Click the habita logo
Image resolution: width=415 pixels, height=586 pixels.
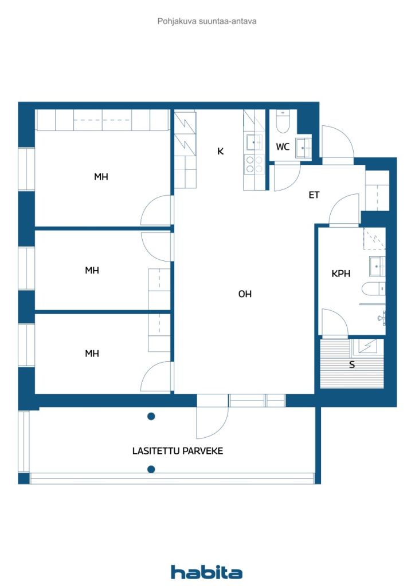[206, 572]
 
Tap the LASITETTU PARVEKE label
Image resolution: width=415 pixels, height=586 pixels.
[177, 451]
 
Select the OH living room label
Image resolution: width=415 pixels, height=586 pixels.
[245, 294]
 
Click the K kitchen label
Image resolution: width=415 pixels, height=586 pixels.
[221, 151]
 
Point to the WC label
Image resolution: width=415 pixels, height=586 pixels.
[283, 147]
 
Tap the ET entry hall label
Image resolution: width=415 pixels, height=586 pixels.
[314, 195]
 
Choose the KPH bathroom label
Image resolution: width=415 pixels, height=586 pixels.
[341, 274]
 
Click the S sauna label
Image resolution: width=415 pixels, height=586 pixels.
[352, 365]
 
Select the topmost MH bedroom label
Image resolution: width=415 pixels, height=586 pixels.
[101, 176]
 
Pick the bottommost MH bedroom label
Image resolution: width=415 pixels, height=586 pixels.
[92, 353]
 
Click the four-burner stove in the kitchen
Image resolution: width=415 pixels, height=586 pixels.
[254, 165]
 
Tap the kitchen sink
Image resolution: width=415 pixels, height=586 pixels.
[255, 142]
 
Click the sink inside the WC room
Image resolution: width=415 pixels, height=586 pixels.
[303, 148]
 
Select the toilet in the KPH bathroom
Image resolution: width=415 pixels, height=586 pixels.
[373, 289]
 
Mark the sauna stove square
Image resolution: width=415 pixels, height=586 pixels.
[365, 346]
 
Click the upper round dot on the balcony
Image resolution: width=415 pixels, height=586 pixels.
[151, 417]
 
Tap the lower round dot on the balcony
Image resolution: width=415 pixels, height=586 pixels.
[151, 469]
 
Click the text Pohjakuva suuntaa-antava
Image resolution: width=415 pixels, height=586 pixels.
[207, 21]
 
